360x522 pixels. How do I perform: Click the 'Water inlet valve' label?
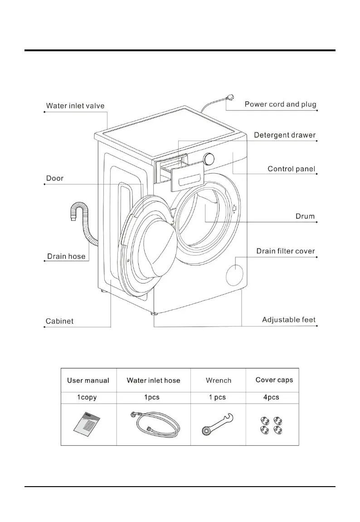[75, 106]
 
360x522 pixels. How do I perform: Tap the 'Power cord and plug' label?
[280, 104]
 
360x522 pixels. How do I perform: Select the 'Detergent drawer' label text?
[284, 135]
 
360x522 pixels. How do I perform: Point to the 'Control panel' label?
[291, 169]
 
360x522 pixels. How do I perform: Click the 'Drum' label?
[305, 216]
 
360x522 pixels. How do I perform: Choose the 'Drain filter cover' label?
[285, 251]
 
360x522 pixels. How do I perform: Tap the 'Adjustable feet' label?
[289, 320]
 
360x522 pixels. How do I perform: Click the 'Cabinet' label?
[59, 322]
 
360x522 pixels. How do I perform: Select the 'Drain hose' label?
[66, 257]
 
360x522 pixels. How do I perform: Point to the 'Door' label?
[55, 178]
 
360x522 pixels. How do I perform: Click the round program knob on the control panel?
[209, 159]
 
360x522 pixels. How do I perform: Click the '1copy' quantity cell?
[87, 398]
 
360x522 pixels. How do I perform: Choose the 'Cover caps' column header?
[274, 380]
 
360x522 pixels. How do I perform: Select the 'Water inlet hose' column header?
[153, 381]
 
